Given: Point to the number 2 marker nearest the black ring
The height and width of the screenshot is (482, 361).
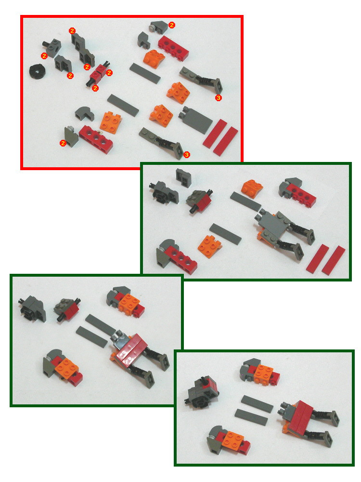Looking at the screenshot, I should pos(44,56).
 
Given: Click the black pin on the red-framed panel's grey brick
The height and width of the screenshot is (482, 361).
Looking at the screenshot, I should pos(46,44).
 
